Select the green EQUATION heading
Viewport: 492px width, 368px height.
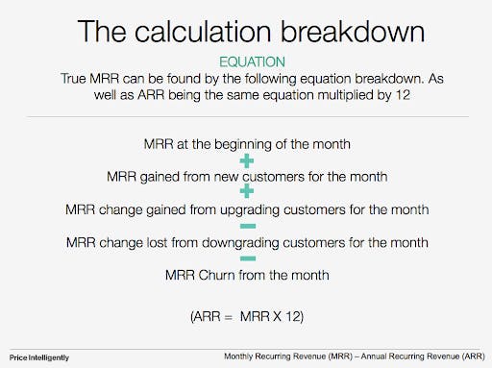[x=246, y=61]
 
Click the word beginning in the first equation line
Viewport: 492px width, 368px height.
[x=235, y=144]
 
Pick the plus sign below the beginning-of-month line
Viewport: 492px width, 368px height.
[x=246, y=160]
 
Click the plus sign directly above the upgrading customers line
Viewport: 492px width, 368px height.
[x=246, y=193]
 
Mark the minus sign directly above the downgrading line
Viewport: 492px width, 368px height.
[x=246, y=226]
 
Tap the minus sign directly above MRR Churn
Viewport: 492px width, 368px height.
[x=246, y=258]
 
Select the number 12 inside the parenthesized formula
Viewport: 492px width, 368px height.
[x=291, y=314]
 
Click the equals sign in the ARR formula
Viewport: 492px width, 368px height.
[x=222, y=314]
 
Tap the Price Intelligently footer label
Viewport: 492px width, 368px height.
[x=40, y=356]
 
